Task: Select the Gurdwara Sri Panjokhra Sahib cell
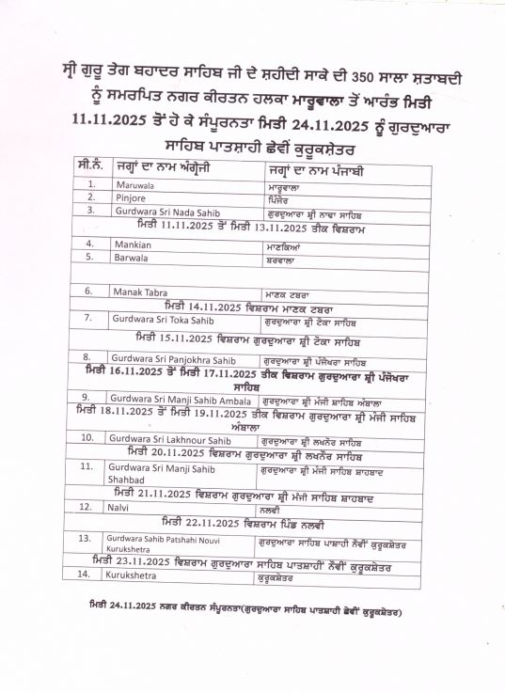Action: click(169, 357)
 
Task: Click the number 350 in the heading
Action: click(388, 76)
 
